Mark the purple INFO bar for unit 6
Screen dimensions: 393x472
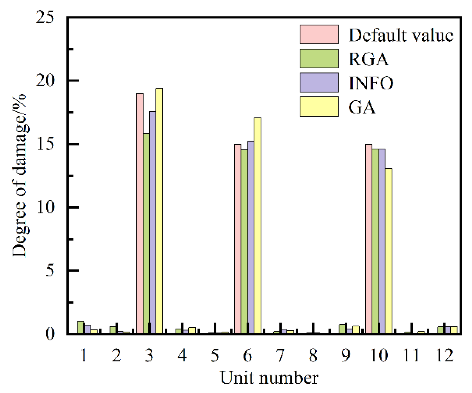(251, 237)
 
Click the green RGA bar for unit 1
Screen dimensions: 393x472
(81, 327)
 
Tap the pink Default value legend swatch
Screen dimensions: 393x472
(319, 35)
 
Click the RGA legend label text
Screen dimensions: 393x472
(369, 59)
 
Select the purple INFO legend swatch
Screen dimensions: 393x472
(319, 83)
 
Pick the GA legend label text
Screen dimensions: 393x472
(362, 107)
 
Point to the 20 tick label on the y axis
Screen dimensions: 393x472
(45, 81)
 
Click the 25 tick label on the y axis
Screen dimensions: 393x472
(45, 18)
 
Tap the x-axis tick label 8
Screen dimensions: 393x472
(313, 356)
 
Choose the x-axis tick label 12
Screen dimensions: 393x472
(445, 356)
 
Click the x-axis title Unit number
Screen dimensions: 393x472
(269, 378)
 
